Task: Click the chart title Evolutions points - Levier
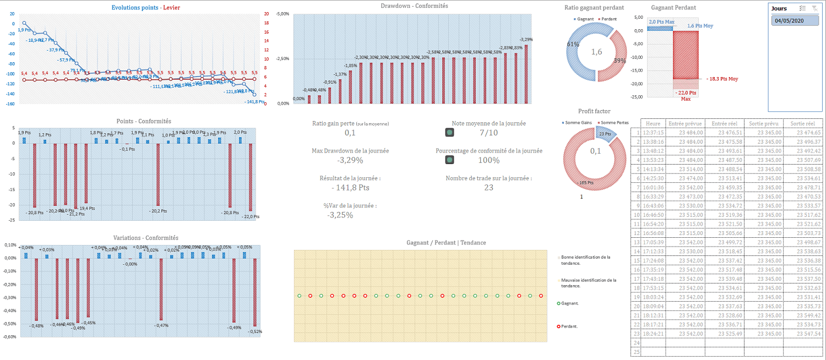coord(145,8)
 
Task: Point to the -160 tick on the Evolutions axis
coord(10,103)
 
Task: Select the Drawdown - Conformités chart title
coord(414,6)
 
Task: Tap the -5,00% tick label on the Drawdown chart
coord(282,14)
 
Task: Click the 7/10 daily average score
coord(488,133)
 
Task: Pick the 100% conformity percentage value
coord(488,160)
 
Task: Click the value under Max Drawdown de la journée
coord(350,160)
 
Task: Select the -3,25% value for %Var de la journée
coord(340,215)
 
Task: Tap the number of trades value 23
coord(488,188)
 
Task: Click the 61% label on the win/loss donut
coord(573,44)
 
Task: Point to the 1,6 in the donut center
coord(597,52)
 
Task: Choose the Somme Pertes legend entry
coord(615,122)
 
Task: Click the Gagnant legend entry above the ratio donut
coord(584,19)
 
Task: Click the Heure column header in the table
coord(653,123)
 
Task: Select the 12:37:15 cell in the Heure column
coord(653,133)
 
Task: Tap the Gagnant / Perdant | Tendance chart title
coord(446,243)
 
